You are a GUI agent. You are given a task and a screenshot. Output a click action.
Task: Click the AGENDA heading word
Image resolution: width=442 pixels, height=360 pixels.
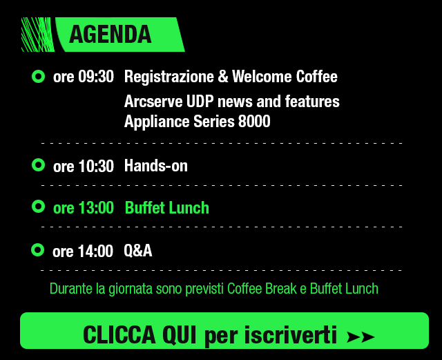(x=110, y=35)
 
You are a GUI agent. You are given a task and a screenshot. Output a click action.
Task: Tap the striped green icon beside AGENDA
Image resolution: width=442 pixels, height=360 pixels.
(x=38, y=35)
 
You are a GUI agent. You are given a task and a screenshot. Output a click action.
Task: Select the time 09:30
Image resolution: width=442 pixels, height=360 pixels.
(x=96, y=77)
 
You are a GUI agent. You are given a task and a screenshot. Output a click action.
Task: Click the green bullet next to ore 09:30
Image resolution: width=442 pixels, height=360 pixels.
(x=39, y=77)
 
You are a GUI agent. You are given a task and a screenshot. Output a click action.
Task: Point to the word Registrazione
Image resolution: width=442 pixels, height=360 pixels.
(x=169, y=77)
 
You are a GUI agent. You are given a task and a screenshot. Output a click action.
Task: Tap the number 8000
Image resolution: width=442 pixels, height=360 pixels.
(x=254, y=122)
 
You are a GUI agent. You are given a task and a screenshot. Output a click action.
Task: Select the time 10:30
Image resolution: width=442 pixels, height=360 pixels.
(x=96, y=166)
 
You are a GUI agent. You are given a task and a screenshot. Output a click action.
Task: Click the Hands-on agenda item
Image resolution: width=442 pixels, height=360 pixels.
(x=156, y=166)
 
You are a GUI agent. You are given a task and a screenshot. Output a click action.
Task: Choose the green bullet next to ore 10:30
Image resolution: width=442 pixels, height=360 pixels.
(x=39, y=165)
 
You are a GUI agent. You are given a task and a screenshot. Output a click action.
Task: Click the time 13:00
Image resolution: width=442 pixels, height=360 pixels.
(x=96, y=208)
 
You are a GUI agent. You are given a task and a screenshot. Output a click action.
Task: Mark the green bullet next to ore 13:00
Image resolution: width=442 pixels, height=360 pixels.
(x=39, y=206)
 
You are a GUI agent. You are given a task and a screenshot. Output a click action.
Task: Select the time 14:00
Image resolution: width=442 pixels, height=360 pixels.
(x=95, y=251)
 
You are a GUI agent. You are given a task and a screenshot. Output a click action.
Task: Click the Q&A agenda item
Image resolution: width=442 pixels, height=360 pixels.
(x=138, y=251)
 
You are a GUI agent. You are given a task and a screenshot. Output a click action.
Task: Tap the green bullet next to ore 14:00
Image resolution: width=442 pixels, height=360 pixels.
(x=38, y=249)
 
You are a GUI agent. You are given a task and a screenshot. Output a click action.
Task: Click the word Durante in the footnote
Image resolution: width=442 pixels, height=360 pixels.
(x=70, y=289)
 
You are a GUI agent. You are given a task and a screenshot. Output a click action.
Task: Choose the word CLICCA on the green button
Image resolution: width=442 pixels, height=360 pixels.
(x=119, y=334)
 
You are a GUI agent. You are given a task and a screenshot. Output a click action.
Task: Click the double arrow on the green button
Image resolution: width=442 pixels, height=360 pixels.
(x=361, y=337)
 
